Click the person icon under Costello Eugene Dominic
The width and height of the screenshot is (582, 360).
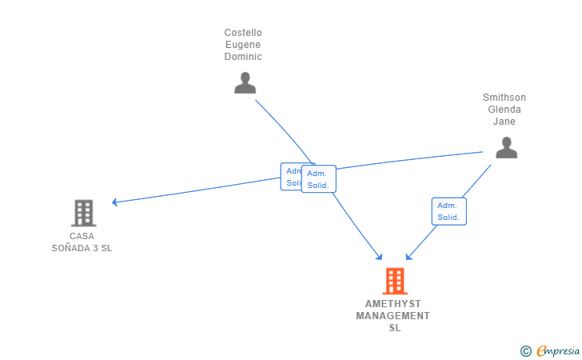coord(245,83)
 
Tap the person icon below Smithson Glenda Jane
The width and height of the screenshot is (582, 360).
coord(505,148)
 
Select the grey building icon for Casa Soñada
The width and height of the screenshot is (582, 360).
coord(83,213)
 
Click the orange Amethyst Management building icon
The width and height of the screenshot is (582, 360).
coord(394,281)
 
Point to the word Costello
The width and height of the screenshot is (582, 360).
coord(243,33)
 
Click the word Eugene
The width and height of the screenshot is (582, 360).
coord(243,45)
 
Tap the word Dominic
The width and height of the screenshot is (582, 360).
coord(243,57)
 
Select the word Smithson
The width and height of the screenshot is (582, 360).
coord(504,98)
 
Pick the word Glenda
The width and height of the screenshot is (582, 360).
coord(504,110)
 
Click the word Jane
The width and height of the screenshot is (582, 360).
coord(504,122)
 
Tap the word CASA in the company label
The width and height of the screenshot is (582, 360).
coord(82,236)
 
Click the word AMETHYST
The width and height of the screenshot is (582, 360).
coord(393,304)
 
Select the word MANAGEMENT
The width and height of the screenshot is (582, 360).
coord(393,316)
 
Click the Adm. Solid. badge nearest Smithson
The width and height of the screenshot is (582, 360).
coord(448,211)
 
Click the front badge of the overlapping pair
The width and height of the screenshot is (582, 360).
coord(319,179)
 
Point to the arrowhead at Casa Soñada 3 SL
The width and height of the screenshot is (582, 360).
coord(116,202)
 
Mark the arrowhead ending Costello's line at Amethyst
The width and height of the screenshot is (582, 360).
coord(380,257)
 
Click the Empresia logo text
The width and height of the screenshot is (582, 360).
coord(558,350)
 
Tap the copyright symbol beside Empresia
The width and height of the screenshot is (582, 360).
coord(525,350)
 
